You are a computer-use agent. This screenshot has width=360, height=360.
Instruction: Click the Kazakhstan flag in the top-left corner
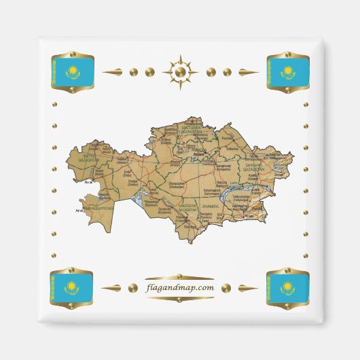(71, 71)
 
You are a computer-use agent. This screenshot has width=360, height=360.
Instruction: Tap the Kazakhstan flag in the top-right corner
(288, 71)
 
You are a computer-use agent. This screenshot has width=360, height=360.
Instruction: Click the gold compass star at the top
(180, 71)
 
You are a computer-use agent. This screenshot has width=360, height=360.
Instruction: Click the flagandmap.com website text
(180, 288)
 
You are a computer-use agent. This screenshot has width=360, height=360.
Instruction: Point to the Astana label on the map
(199, 155)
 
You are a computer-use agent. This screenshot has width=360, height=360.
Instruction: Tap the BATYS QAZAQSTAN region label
(91, 158)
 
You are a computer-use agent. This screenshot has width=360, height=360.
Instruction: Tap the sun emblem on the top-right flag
(288, 69)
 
